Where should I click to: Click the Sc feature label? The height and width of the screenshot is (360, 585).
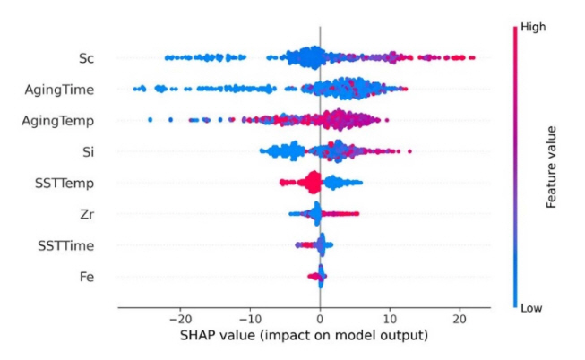click(86, 58)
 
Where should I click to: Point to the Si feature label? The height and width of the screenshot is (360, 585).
click(89, 151)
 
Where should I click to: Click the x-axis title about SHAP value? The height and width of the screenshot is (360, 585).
click(304, 337)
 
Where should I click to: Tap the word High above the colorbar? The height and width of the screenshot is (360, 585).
click(531, 27)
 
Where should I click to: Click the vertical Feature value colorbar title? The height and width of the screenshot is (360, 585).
click(553, 167)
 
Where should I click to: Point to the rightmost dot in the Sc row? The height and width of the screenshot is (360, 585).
click(472, 58)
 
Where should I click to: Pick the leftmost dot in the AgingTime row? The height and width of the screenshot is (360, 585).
click(134, 89)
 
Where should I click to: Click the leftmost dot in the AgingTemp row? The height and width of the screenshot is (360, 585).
click(150, 119)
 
